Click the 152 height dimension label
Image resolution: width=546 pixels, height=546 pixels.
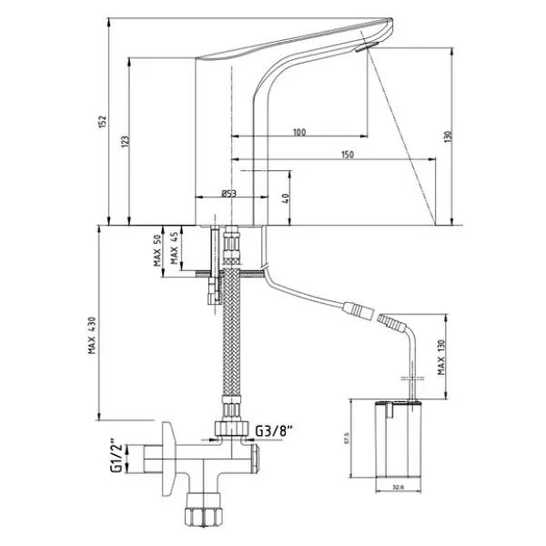pyautogui.click(x=103, y=122)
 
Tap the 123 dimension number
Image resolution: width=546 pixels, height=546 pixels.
pyautogui.click(x=125, y=141)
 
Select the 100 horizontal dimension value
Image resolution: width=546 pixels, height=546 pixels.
pyautogui.click(x=299, y=132)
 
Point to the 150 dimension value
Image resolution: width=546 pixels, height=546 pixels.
pyautogui.click(x=348, y=155)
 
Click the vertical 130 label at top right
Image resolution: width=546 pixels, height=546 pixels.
pyautogui.click(x=448, y=136)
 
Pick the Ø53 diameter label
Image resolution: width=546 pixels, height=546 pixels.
pyautogui.click(x=228, y=193)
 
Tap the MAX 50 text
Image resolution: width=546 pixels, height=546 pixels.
pyautogui.click(x=157, y=250)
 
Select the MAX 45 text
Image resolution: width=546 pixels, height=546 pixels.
pyautogui.click(x=174, y=248)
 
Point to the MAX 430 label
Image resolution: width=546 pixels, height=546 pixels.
pyautogui.click(x=92, y=335)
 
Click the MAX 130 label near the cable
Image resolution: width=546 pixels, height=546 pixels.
pyautogui.click(x=441, y=358)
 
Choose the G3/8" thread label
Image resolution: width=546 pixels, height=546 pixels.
pyautogui.click(x=274, y=431)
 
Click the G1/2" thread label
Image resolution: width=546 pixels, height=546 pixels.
pyautogui.click(x=116, y=458)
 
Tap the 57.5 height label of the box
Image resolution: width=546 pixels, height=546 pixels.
pyautogui.click(x=346, y=438)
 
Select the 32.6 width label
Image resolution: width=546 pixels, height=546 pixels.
pyautogui.click(x=398, y=488)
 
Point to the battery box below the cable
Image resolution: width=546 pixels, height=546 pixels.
pyautogui.click(x=399, y=439)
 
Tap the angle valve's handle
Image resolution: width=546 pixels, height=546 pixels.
pyautogui.click(x=169, y=459)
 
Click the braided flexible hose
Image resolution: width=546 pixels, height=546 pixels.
pyautogui.click(x=231, y=334)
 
